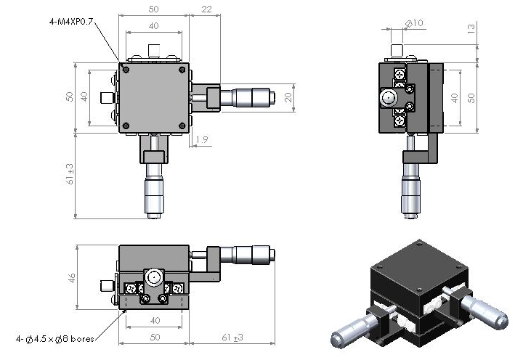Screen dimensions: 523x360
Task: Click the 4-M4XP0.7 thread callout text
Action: click(71, 22)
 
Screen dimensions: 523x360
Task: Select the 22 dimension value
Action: click(206, 9)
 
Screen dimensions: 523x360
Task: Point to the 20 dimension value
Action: click(288, 97)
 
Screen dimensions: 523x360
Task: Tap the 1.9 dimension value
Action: click(202, 139)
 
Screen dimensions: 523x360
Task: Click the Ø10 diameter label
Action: click(414, 23)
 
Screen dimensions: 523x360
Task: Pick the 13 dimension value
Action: click(471, 28)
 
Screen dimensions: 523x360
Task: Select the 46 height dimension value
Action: click(72, 278)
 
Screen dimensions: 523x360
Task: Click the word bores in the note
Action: click(82, 339)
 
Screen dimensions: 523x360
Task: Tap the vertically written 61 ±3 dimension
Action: click(70, 174)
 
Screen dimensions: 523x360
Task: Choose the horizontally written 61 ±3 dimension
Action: click(232, 337)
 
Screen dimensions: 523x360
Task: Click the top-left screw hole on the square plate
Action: click(126, 70)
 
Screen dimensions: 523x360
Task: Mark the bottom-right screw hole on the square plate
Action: click(182, 126)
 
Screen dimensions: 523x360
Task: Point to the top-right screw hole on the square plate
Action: click(182, 70)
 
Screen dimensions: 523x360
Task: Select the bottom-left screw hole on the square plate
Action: click(126, 126)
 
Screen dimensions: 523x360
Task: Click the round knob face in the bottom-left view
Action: click(154, 277)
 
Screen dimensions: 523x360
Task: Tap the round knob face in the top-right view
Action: click(388, 98)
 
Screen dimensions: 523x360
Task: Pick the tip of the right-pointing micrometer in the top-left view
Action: click(275, 97)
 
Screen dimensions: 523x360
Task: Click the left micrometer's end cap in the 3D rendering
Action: click(336, 340)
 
